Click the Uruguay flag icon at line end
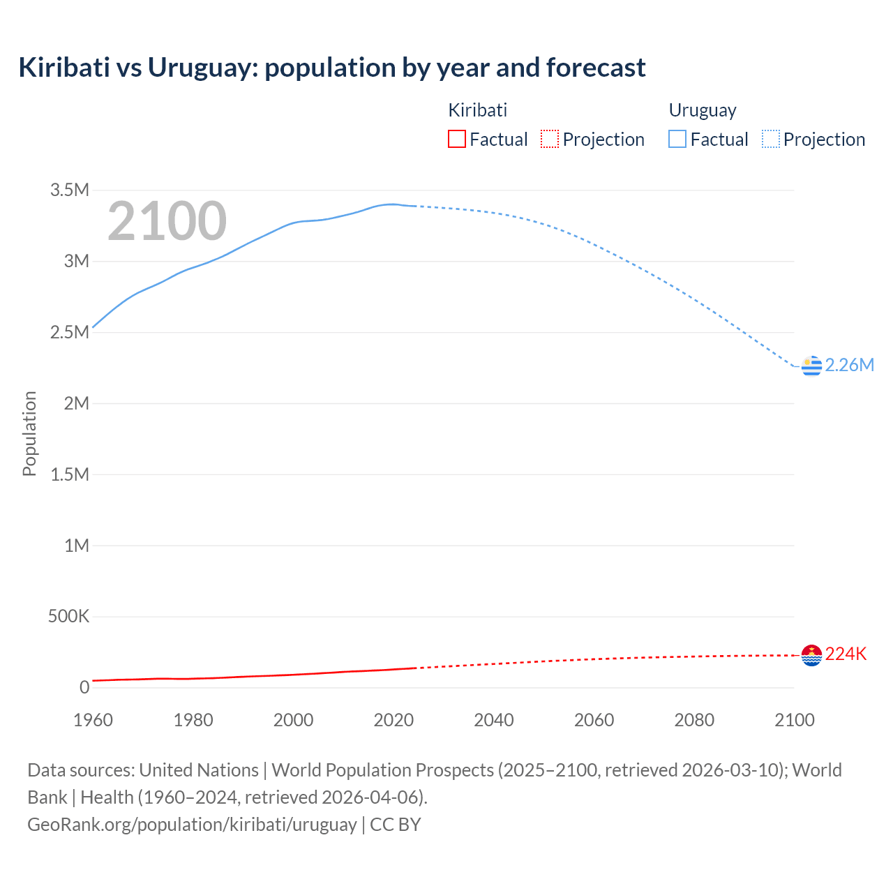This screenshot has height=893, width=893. [x=811, y=366]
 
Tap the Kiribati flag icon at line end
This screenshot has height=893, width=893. [x=811, y=655]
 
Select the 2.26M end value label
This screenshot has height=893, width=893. [x=849, y=366]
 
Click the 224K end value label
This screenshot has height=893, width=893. [x=846, y=654]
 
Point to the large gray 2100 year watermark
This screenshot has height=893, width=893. [x=167, y=221]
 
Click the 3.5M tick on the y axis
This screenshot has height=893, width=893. [x=70, y=190]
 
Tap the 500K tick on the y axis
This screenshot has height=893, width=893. [x=68, y=617]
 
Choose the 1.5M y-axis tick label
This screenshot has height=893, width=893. [x=70, y=475]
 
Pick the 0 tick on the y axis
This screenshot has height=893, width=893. [x=84, y=688]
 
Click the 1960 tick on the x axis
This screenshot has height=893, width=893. [x=93, y=721]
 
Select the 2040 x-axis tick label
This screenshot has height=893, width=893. [x=494, y=721]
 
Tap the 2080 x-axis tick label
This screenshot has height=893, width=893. [x=694, y=721]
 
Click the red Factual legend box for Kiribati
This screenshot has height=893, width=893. [x=456, y=140]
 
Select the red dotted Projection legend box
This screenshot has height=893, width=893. [x=550, y=140]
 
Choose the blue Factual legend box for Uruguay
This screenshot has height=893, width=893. [x=677, y=140]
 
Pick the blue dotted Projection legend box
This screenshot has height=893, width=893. [x=770, y=140]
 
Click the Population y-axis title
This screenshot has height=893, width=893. [x=29, y=433]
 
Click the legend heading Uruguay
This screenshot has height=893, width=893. [x=703, y=110]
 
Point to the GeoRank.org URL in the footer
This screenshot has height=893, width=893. [x=192, y=825]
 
